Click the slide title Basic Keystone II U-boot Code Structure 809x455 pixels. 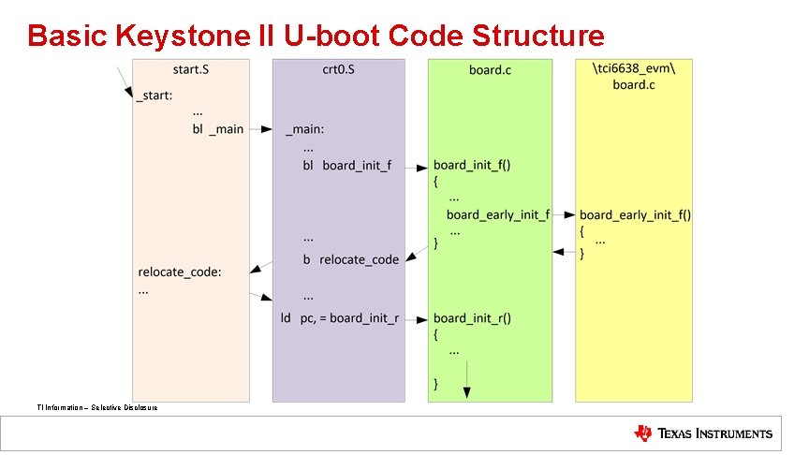click(316, 36)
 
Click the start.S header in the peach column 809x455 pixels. click(191, 69)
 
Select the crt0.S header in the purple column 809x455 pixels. click(338, 69)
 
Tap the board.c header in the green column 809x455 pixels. click(490, 69)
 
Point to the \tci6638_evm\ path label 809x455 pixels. click(634, 67)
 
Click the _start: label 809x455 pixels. click(154, 95)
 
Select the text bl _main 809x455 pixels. click(218, 129)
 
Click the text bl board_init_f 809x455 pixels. click(346, 166)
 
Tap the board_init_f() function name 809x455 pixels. click(472, 166)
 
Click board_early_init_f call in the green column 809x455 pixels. click(498, 215)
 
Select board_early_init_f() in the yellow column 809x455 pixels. click(635, 215)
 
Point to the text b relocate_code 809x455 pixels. click(350, 259)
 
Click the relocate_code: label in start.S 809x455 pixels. click(180, 272)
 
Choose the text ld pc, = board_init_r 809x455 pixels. click(340, 318)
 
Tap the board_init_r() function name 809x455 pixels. click(472, 318)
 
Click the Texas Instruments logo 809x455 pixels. click(703, 433)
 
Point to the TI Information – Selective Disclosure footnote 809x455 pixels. click(97, 407)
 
